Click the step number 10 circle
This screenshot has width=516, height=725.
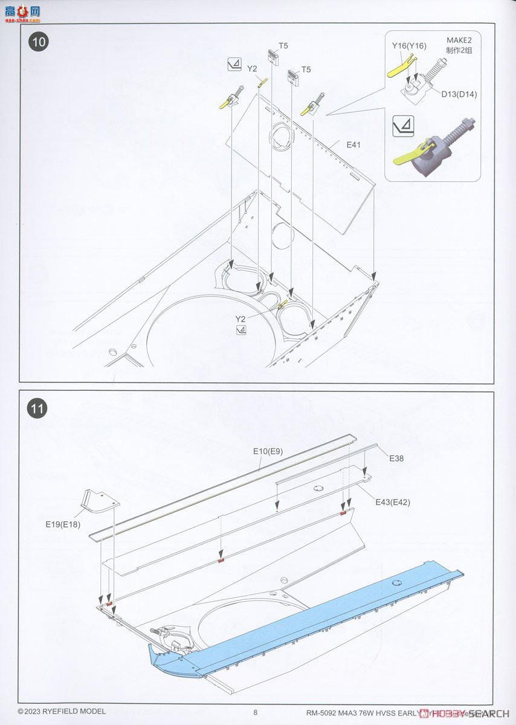click(x=39, y=42)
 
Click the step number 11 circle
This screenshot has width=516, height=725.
click(x=38, y=409)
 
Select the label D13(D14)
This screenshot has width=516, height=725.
click(x=458, y=94)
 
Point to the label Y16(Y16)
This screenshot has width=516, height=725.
click(x=408, y=46)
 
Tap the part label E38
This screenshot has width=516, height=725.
click(x=396, y=459)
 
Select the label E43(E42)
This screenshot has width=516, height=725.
click(x=393, y=502)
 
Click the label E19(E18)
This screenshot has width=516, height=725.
click(x=62, y=524)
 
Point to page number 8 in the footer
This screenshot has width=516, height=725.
click(x=256, y=712)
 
